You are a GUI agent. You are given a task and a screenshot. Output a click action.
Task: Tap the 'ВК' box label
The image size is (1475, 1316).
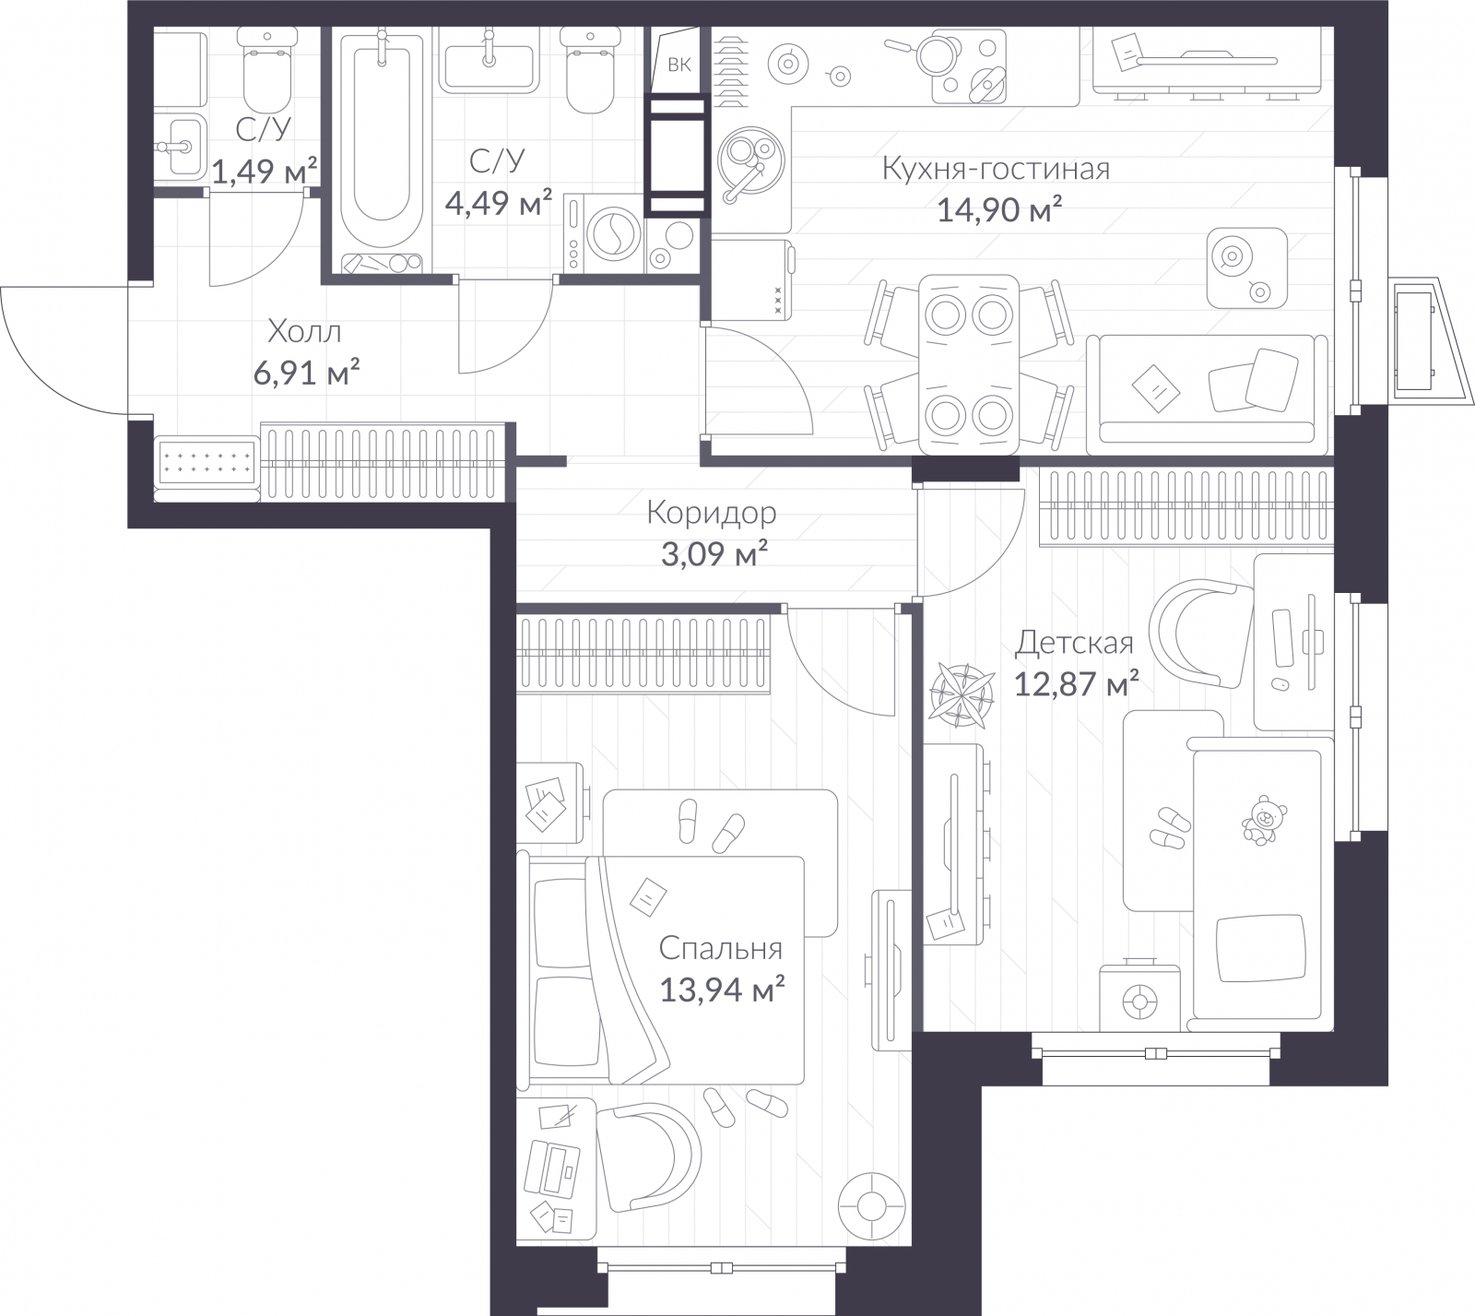tap(678, 65)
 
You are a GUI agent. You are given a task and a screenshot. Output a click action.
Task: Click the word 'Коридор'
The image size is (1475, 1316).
tap(711, 512)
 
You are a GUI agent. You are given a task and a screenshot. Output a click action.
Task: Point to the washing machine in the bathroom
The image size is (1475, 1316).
tap(606, 234)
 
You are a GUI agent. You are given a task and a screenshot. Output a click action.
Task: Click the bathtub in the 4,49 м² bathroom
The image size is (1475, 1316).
tap(381, 148)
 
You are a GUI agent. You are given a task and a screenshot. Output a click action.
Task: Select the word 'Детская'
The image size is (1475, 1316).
tap(1074, 643)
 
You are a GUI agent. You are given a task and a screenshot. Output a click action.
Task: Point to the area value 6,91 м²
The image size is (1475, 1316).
tap(305, 373)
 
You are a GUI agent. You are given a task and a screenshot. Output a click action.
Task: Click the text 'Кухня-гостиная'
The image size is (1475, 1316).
tap(996, 170)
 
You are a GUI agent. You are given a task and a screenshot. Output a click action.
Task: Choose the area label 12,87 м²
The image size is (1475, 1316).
tap(1076, 685)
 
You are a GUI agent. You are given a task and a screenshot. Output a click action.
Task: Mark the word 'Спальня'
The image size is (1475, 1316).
tap(721, 948)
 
